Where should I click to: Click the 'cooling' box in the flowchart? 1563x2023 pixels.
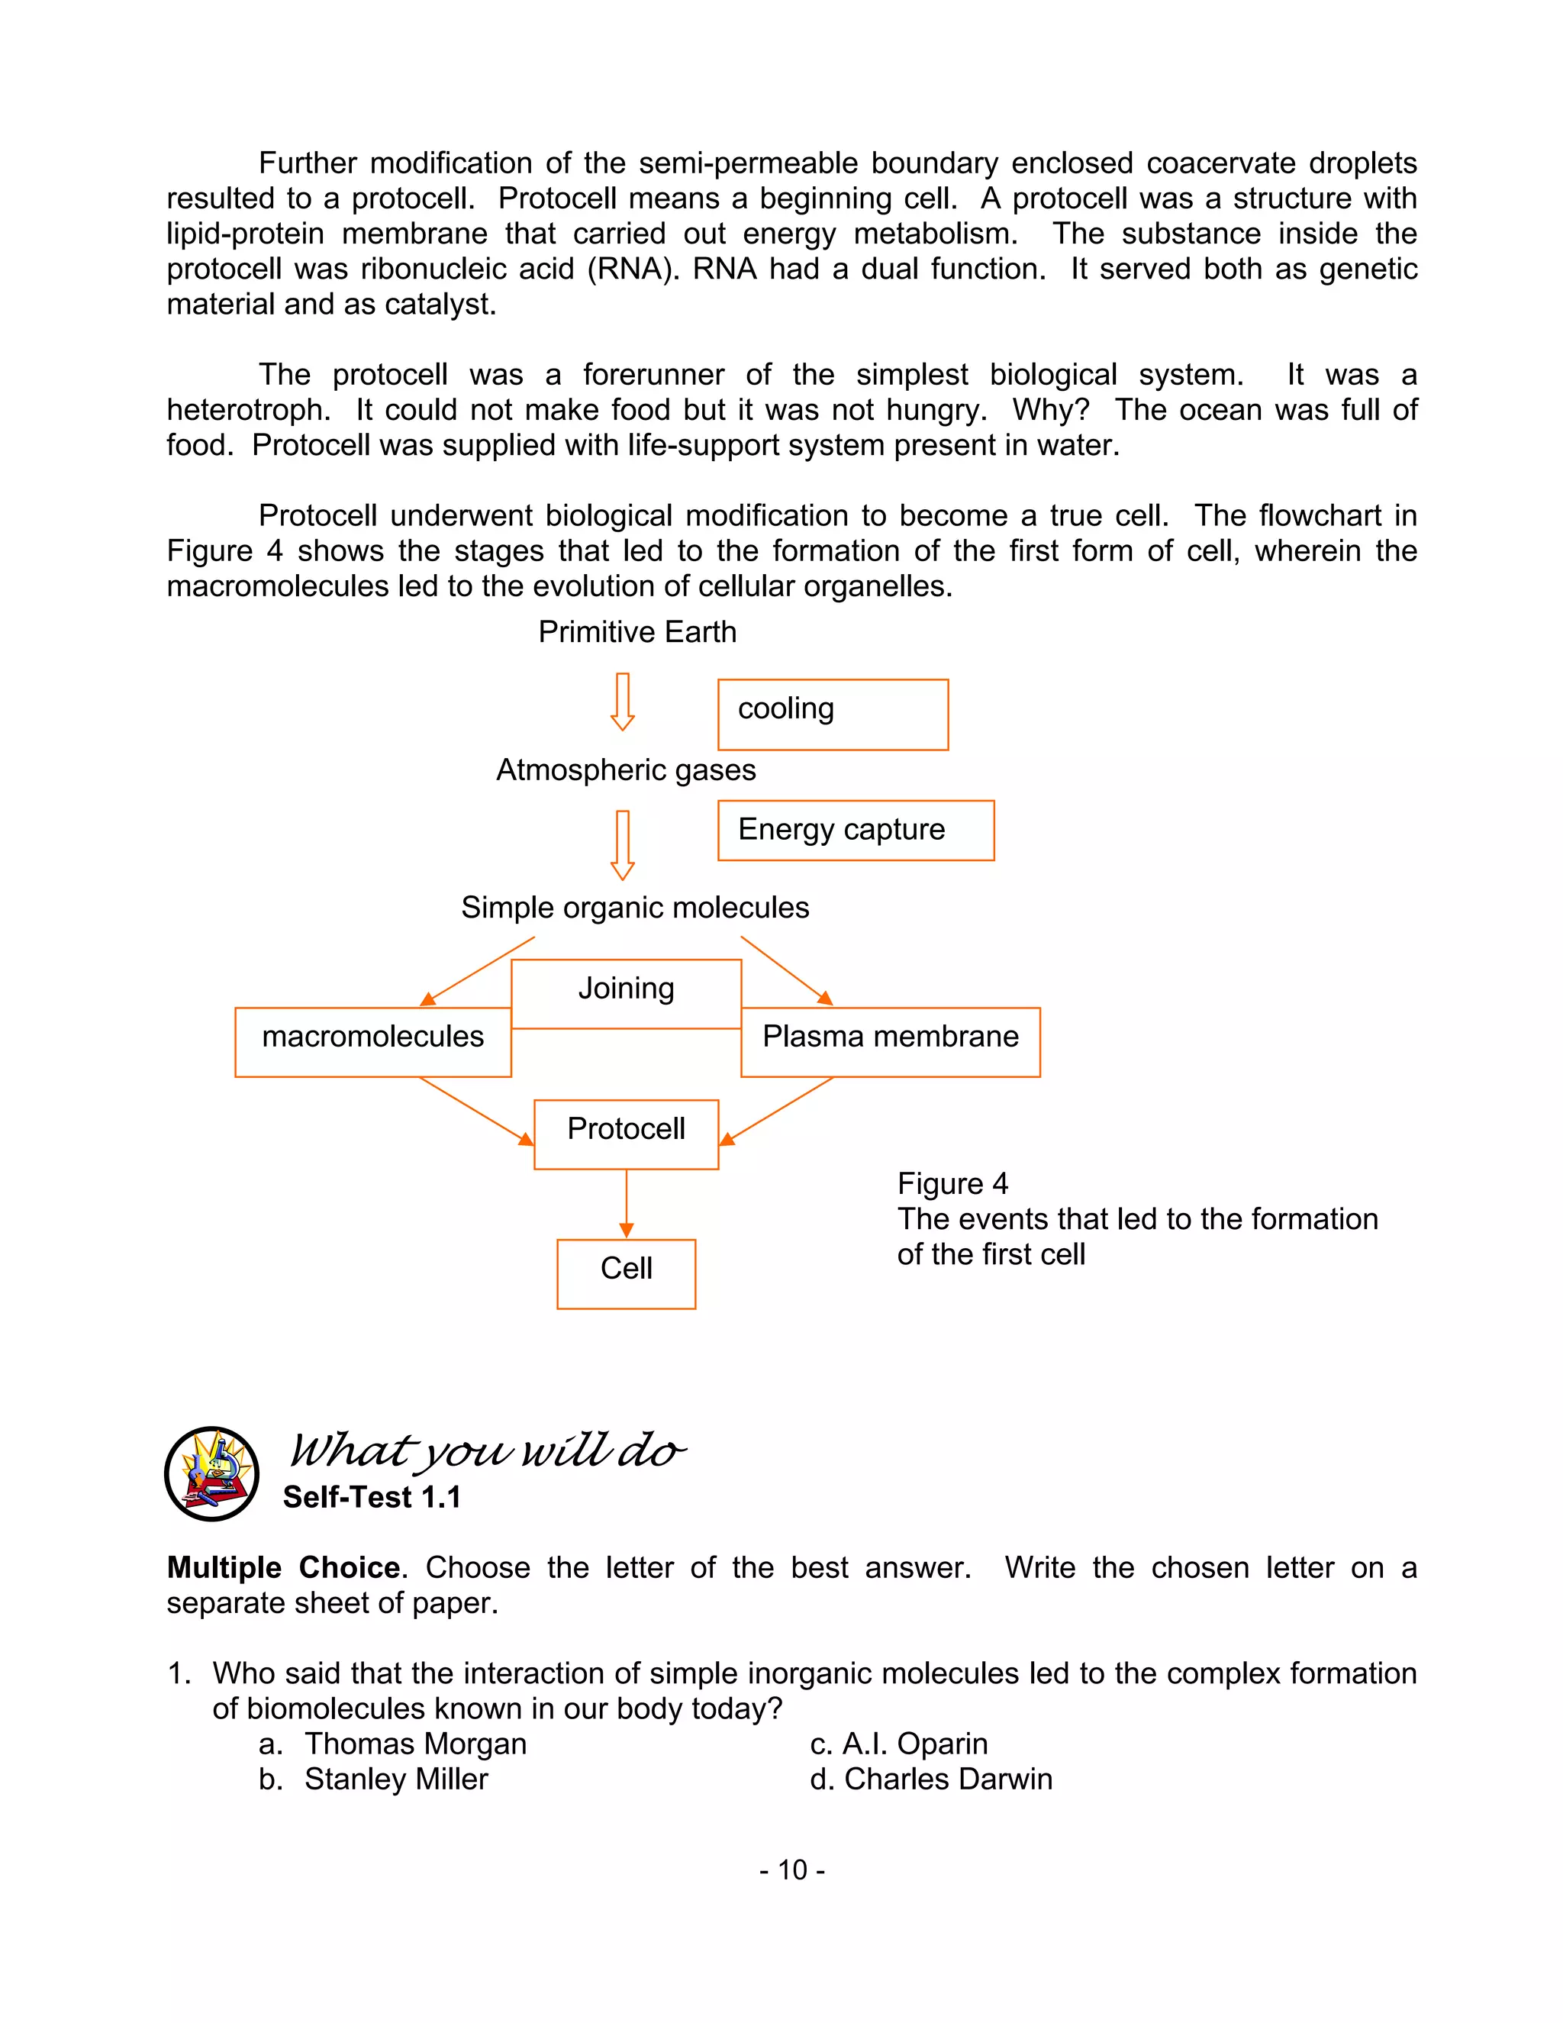(x=833, y=715)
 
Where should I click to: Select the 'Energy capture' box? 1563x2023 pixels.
(x=856, y=830)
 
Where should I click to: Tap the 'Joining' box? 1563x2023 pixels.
(x=626, y=993)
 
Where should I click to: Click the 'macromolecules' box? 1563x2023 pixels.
(x=373, y=1041)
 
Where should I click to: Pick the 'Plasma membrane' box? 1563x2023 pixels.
(x=890, y=1041)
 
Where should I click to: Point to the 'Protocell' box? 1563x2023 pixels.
(x=626, y=1134)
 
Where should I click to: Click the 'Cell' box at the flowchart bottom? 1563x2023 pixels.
(x=626, y=1273)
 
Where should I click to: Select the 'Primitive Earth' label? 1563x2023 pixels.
(x=637, y=632)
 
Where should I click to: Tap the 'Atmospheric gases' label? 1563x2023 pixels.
(x=626, y=770)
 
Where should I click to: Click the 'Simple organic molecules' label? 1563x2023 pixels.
(x=635, y=908)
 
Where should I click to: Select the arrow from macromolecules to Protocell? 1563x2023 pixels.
(x=476, y=1110)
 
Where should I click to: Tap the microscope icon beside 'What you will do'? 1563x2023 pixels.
(x=212, y=1473)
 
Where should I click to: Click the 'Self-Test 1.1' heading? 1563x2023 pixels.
(x=372, y=1497)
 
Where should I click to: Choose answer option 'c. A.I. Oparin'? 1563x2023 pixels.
(x=898, y=1744)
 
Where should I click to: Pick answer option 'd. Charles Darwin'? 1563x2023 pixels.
(x=930, y=1779)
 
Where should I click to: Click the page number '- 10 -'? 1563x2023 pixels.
(x=791, y=1870)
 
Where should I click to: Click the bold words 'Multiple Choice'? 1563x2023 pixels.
(x=283, y=1568)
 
